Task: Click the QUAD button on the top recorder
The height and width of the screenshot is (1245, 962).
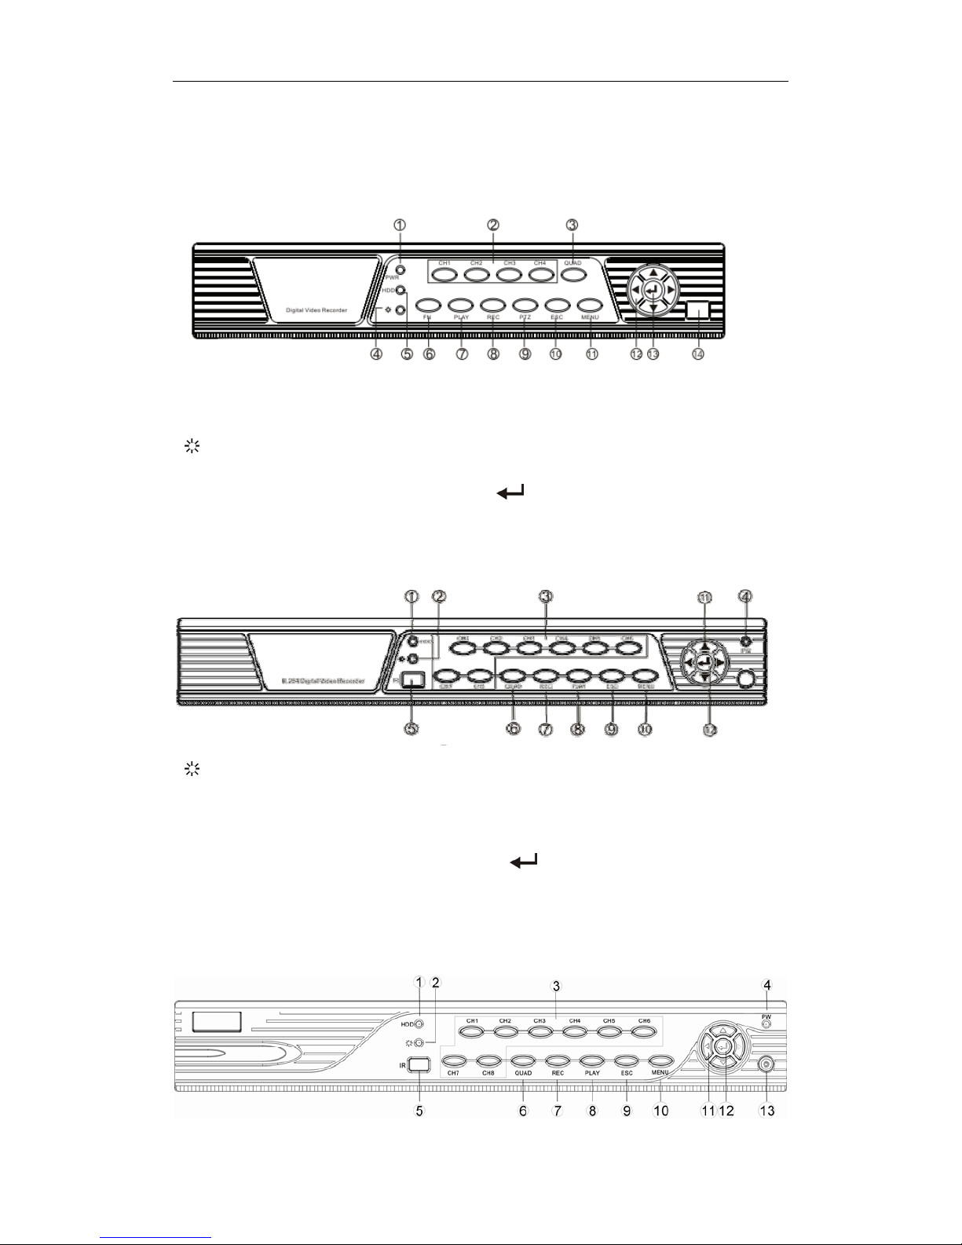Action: (x=572, y=276)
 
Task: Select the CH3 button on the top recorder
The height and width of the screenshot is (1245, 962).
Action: (x=509, y=276)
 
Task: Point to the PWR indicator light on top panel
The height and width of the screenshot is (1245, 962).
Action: (x=401, y=271)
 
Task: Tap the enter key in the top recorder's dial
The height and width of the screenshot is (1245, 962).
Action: (x=651, y=291)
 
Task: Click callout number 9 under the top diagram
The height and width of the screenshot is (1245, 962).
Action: (x=525, y=354)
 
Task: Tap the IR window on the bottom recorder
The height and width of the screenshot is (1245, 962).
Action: (x=419, y=1064)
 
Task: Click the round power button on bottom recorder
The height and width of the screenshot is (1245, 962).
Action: (x=766, y=1066)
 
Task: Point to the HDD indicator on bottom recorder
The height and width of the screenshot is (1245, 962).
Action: (x=419, y=1024)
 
